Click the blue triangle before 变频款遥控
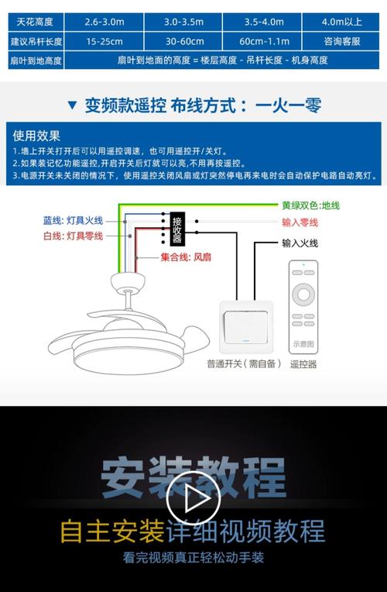point(72,105)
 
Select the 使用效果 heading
point(37,136)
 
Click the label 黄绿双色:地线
point(310,205)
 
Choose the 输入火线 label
point(300,243)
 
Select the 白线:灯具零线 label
point(73,235)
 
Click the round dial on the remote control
point(303,295)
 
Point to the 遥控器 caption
point(303,363)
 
